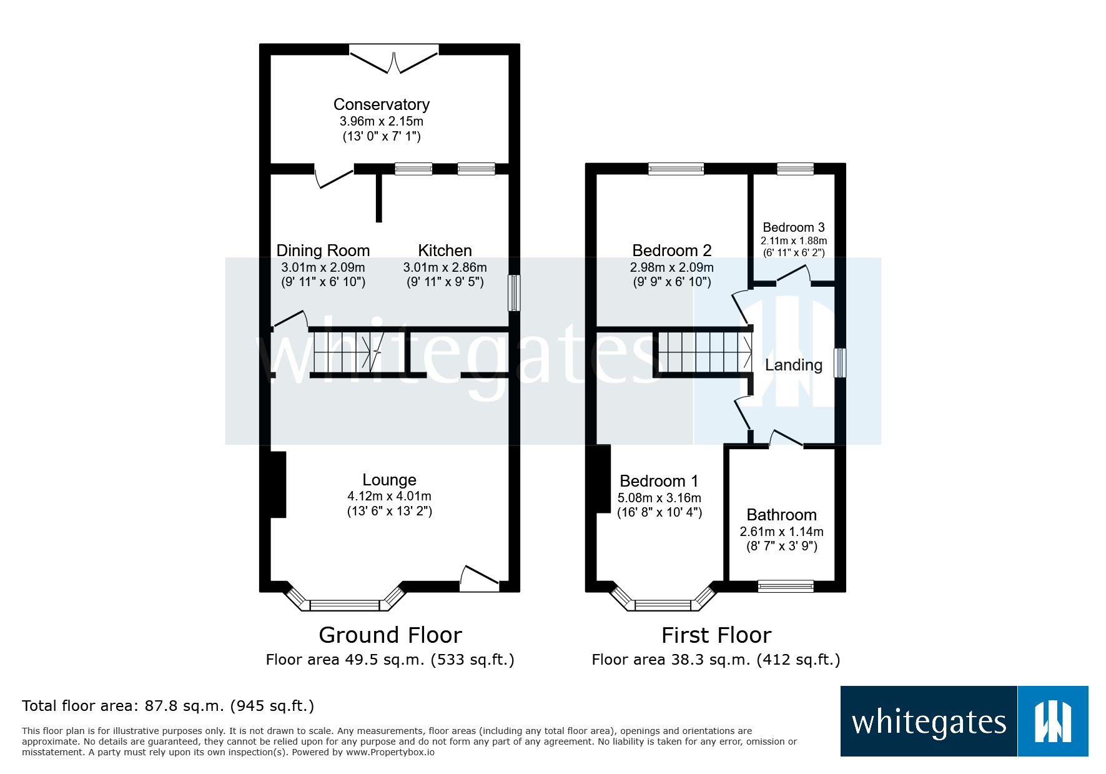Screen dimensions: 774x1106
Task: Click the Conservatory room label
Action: (381, 104)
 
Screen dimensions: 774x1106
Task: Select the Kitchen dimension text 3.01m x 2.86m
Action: (445, 267)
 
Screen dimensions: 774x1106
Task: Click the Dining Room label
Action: (323, 251)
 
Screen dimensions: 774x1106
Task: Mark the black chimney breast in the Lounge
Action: (278, 484)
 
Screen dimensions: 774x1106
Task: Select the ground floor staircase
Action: (347, 352)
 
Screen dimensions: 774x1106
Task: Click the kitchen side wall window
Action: (513, 292)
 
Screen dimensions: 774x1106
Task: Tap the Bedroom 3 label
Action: (793, 227)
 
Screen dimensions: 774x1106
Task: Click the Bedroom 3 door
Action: (793, 275)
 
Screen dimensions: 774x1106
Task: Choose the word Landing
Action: (793, 365)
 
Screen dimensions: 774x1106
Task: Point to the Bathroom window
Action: (785, 586)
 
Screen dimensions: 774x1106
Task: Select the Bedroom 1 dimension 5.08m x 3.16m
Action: (659, 498)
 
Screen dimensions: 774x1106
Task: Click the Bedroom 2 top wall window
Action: (676, 169)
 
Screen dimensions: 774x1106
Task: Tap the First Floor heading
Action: (716, 635)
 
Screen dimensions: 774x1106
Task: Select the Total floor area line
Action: (167, 706)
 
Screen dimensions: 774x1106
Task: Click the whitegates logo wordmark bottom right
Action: (929, 722)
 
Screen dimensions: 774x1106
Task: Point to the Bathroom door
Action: (786, 439)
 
